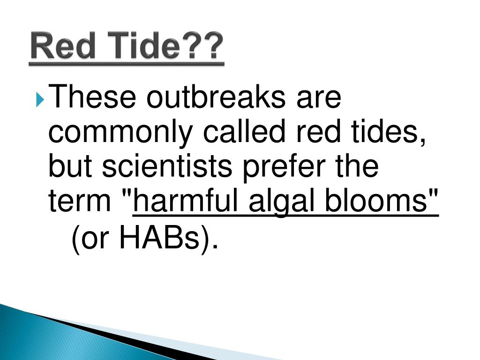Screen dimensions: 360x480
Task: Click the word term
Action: [82, 201]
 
